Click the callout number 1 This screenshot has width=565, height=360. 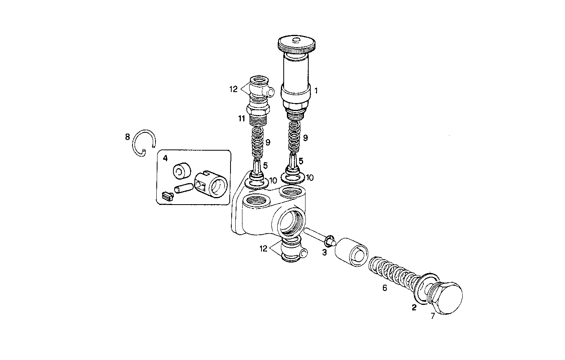[x=316, y=90]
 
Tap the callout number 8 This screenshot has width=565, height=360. [x=127, y=137]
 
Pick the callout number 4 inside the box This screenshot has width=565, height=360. [x=165, y=158]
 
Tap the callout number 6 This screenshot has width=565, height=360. [x=384, y=288]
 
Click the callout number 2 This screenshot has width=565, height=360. [x=414, y=307]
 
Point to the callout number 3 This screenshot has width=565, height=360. [x=324, y=252]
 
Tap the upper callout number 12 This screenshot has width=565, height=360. [x=233, y=89]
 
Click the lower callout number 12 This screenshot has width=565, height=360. [x=263, y=249]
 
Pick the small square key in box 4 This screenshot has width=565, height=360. [x=168, y=195]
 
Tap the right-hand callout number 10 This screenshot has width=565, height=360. [x=309, y=178]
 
